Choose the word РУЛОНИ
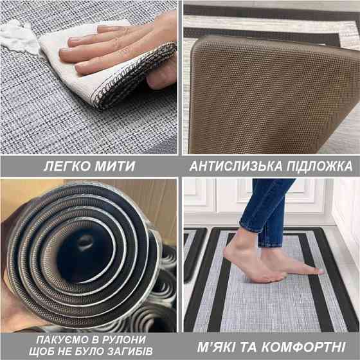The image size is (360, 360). click(x=125, y=339)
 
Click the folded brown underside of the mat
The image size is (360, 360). click(x=270, y=96)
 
